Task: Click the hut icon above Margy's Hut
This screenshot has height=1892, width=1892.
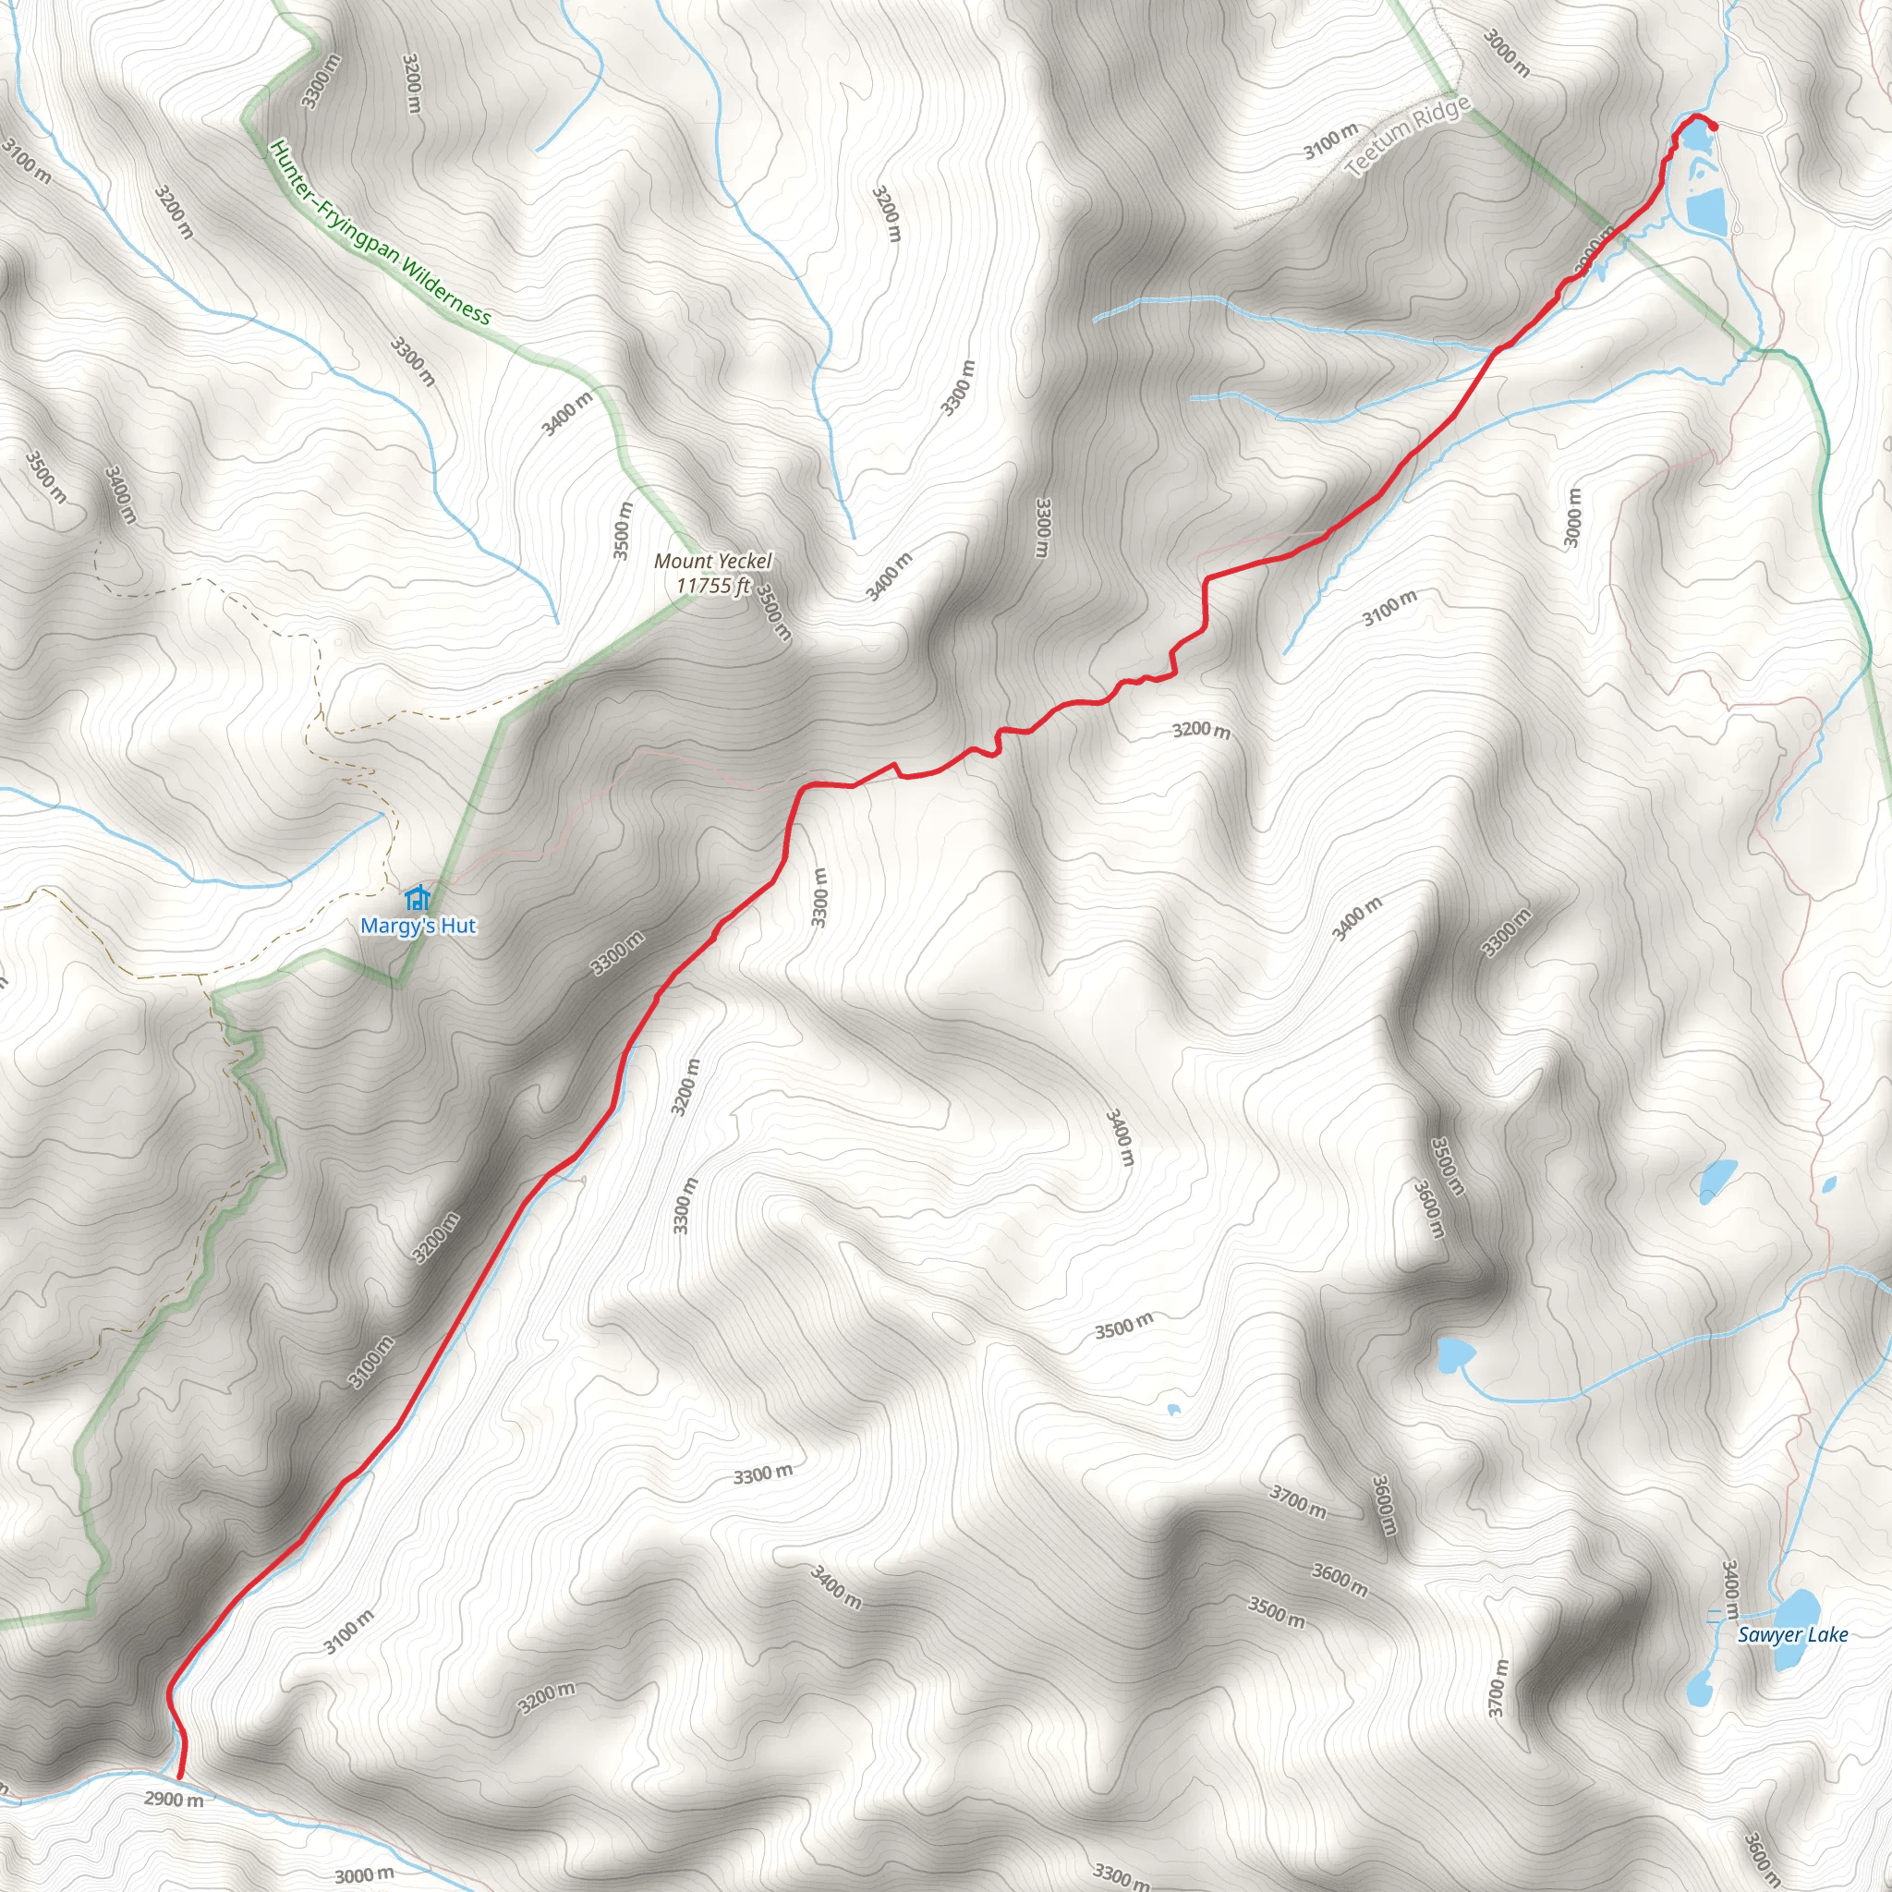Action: (418, 897)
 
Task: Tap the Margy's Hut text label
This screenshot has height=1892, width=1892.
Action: (418, 926)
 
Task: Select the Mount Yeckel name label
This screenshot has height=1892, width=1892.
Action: (713, 561)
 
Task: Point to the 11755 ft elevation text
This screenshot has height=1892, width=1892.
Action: (713, 586)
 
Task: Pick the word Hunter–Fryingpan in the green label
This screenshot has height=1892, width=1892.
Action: (334, 200)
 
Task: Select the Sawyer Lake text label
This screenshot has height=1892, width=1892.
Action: (1793, 1634)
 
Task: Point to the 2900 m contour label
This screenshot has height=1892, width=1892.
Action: (174, 1799)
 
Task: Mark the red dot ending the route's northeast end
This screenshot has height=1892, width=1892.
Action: (1714, 125)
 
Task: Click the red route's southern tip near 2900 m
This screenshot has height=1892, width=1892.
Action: (179, 1777)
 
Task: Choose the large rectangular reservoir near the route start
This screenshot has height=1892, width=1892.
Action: (1705, 210)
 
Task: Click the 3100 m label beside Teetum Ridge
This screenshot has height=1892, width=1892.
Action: (1331, 141)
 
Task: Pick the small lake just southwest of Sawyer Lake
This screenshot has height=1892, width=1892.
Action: (1699, 1689)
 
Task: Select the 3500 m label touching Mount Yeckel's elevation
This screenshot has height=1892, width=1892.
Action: (773, 612)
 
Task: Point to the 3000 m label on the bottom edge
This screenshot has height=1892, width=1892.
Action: (364, 1875)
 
